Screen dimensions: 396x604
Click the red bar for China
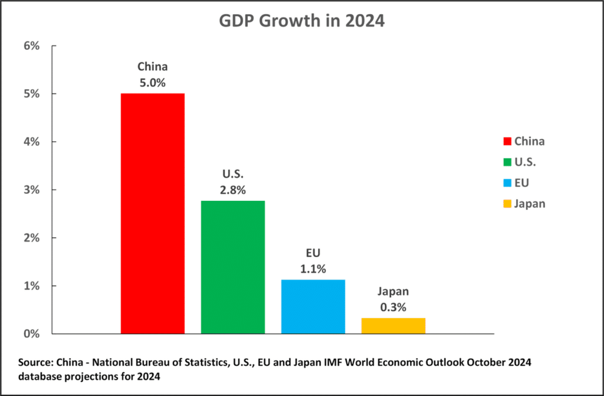tap(153, 213)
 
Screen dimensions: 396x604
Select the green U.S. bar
tap(232, 267)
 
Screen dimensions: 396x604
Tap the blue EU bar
tap(313, 307)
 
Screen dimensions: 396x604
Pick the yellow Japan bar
tap(393, 326)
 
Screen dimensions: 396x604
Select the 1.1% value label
tap(313, 269)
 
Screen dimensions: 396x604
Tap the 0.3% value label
tap(393, 307)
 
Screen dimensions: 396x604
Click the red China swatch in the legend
tap(506, 141)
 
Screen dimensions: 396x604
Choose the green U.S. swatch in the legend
tap(506, 162)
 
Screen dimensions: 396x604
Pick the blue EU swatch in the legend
tap(506, 183)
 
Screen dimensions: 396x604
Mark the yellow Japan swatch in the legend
tap(506, 204)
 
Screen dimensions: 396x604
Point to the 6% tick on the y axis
tap(31, 46)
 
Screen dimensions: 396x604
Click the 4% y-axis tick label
tap(31, 142)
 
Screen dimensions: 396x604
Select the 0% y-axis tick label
tap(31, 334)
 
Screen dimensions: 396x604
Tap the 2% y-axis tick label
tap(31, 238)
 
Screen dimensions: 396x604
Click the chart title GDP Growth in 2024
tap(301, 22)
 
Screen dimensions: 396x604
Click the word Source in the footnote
tap(36, 362)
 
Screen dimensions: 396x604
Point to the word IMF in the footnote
tap(372, 362)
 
